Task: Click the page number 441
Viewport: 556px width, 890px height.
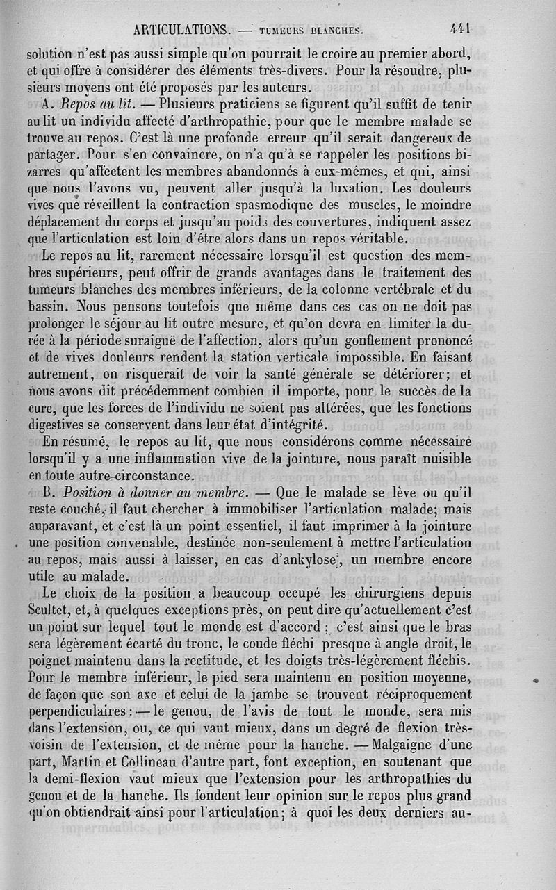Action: pos(461,28)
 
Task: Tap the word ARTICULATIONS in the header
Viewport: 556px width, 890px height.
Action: pos(183,30)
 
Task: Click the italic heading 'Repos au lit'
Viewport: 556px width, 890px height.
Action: pos(94,103)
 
